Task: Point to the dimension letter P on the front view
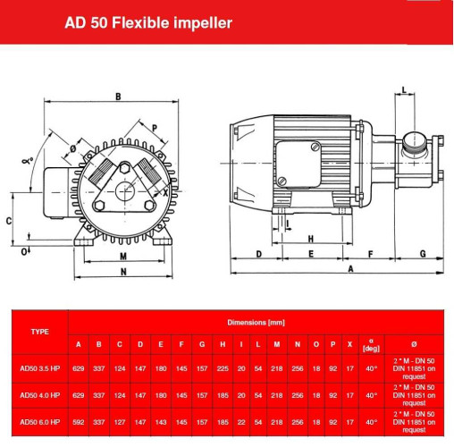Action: click(155, 128)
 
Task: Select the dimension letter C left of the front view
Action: click(8, 219)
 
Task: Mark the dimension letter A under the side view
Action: click(350, 268)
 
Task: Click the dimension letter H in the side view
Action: click(309, 239)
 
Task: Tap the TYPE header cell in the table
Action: click(39, 331)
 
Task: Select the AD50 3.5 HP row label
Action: click(39, 368)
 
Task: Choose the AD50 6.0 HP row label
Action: click(39, 420)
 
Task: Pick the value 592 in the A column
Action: click(78, 420)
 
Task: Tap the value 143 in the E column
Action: click(161, 420)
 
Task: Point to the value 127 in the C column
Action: click(120, 420)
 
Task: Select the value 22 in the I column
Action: click(240, 420)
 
